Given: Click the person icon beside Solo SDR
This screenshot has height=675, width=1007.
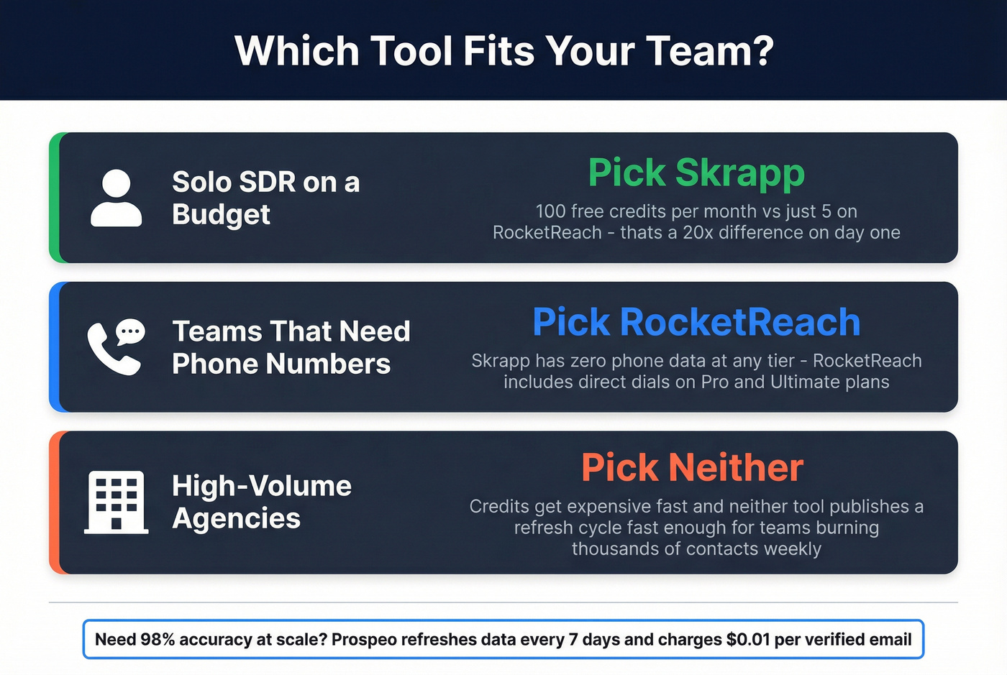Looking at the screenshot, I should tap(116, 198).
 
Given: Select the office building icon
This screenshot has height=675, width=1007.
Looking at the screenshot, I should tap(116, 502).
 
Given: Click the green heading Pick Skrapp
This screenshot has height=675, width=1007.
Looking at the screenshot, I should tap(696, 173).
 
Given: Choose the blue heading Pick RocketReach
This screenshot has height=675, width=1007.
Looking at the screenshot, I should tap(696, 322).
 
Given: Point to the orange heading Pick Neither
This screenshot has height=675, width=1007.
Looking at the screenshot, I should tap(692, 468).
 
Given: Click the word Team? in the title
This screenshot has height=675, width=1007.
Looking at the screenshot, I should tap(709, 51).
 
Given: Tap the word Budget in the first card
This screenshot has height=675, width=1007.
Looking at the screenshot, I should tap(221, 214).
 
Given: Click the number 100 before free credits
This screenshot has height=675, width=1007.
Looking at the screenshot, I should tap(550, 211).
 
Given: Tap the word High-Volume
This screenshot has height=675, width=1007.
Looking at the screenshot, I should tap(262, 486).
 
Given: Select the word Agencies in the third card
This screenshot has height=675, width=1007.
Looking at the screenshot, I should tap(236, 518).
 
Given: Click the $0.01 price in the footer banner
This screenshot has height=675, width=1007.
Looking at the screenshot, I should tap(748, 640).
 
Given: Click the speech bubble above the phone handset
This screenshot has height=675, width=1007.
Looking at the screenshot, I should tap(130, 331).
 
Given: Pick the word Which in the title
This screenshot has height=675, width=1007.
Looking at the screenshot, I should tap(296, 51).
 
